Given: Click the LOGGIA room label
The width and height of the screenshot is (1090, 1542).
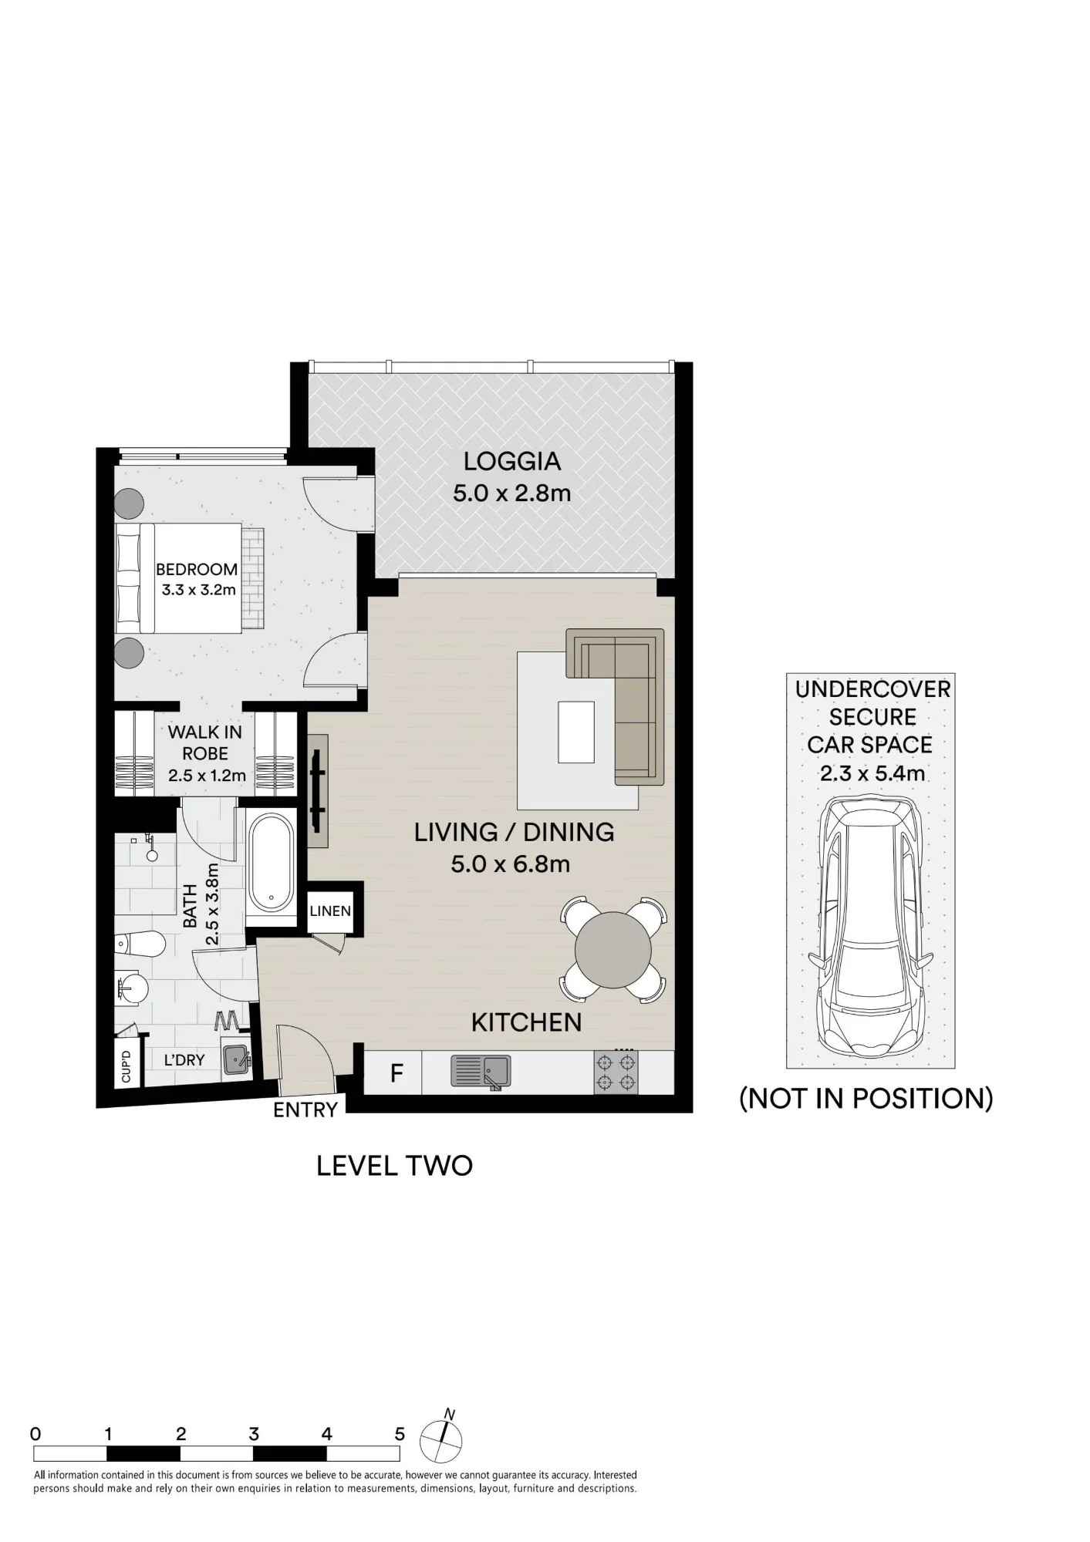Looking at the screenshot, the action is [x=511, y=462].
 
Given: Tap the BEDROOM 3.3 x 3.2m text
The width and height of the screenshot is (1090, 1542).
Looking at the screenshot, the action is [x=197, y=579].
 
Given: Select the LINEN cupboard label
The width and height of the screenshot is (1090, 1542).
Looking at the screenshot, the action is [x=330, y=911].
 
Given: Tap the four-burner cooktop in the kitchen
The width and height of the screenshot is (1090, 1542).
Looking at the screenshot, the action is [x=616, y=1072].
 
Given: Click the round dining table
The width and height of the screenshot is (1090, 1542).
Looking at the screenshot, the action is [x=613, y=950].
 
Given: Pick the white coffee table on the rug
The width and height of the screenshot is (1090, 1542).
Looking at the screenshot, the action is [x=576, y=732].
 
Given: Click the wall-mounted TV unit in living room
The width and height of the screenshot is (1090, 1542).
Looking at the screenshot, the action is [x=318, y=792].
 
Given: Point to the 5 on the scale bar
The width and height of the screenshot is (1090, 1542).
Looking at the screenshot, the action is [x=400, y=1434].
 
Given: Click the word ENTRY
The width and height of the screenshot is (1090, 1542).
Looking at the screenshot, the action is [x=305, y=1109].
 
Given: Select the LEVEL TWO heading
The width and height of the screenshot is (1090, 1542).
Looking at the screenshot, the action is [x=394, y=1165].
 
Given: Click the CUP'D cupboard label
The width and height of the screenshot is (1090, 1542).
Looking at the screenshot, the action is [x=127, y=1066].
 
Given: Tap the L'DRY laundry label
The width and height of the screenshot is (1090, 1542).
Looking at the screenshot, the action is [x=184, y=1060].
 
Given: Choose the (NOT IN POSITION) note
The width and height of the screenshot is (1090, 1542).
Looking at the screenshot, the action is [x=866, y=1098].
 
